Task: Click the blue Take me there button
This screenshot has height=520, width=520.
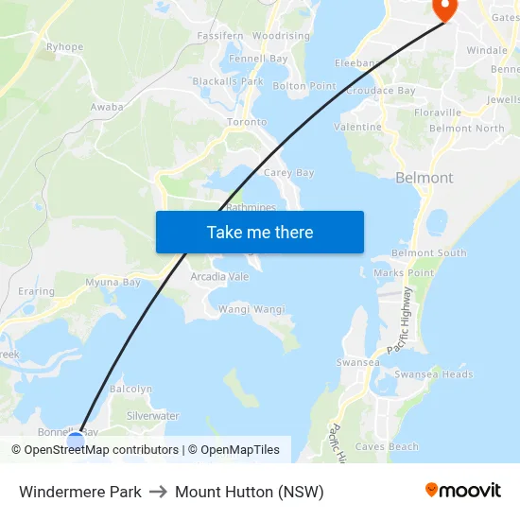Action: tap(259, 232)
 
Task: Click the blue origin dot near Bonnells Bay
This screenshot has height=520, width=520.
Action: tap(77, 441)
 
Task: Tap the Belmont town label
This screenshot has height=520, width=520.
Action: tap(424, 178)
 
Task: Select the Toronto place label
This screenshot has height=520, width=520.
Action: tap(247, 122)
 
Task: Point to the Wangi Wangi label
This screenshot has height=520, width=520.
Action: tap(251, 309)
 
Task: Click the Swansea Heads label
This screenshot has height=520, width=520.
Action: tap(433, 374)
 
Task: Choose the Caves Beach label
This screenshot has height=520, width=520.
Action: tap(387, 446)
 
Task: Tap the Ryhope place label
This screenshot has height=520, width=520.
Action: tap(64, 46)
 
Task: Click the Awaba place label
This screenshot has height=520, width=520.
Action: tap(107, 107)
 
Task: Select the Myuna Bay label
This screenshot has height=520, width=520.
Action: tap(113, 282)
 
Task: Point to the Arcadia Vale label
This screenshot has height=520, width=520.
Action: tap(219, 276)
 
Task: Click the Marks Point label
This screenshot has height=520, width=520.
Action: tap(403, 273)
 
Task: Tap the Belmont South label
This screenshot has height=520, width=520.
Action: tap(428, 253)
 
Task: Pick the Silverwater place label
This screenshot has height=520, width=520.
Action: tap(152, 416)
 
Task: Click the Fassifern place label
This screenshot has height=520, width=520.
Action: tap(219, 35)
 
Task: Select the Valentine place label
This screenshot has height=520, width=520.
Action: tap(358, 127)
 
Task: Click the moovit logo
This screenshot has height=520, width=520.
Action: tap(462, 491)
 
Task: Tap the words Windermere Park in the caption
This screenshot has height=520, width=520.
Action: tap(80, 492)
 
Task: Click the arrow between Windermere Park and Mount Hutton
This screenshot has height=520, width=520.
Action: tap(158, 492)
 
